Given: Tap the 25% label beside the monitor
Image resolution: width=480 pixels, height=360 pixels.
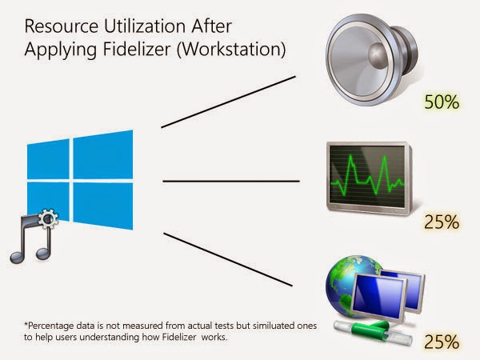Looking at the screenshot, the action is pos(442,222).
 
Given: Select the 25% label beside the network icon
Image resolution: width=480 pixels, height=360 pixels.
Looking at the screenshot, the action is pos(442,342).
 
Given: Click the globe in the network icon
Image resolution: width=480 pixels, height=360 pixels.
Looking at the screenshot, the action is pos(349,281).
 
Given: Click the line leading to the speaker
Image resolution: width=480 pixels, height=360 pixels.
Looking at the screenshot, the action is pos(228,102).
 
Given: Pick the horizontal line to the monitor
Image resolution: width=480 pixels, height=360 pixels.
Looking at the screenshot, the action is pos(231,181).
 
